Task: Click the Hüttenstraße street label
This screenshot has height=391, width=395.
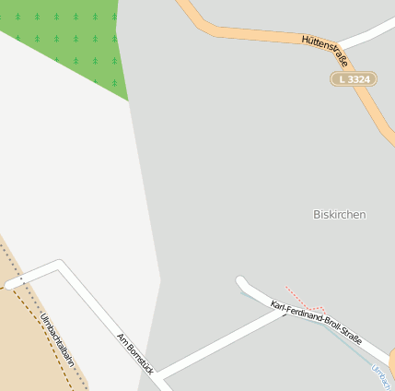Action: tap(325, 52)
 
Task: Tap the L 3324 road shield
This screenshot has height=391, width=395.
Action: tap(354, 79)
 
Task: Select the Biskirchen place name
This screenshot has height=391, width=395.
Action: tap(340, 214)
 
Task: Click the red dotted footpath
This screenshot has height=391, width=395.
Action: tap(303, 300)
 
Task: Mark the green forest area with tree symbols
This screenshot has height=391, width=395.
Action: tap(64, 37)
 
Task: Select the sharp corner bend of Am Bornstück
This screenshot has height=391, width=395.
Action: tap(61, 265)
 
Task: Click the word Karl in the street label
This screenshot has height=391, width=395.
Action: tap(277, 306)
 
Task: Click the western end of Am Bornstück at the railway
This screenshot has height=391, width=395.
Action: tap(11, 285)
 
